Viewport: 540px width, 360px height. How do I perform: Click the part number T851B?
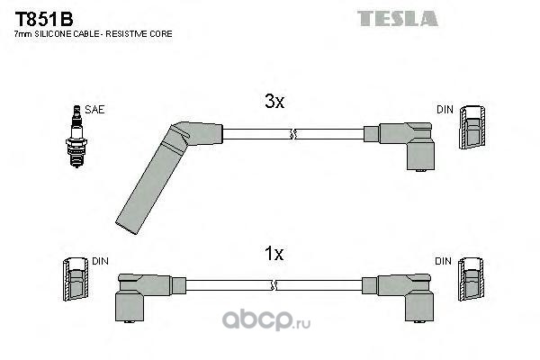[x=44, y=19]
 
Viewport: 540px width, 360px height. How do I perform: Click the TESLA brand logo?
[x=398, y=18]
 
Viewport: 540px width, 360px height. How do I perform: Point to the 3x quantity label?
[x=274, y=102]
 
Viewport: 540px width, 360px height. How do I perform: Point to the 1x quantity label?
[x=274, y=254]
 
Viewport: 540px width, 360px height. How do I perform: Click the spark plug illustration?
[x=76, y=137]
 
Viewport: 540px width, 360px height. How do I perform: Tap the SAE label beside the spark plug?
[x=94, y=110]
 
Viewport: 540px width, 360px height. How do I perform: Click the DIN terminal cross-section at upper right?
[x=472, y=127]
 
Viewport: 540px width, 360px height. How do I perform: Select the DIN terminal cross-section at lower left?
[x=76, y=279]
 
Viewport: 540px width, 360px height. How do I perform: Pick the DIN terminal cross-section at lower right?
[x=471, y=279]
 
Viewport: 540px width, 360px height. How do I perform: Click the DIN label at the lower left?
[x=100, y=261]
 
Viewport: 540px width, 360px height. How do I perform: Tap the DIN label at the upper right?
[x=445, y=110]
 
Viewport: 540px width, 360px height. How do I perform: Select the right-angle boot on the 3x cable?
[x=400, y=146]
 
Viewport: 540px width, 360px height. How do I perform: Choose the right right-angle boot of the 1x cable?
[x=398, y=297]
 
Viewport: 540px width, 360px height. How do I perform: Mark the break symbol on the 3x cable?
[x=292, y=134]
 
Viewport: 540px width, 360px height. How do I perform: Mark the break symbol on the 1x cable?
[x=274, y=285]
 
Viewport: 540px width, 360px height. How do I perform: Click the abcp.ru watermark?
[x=266, y=320]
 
